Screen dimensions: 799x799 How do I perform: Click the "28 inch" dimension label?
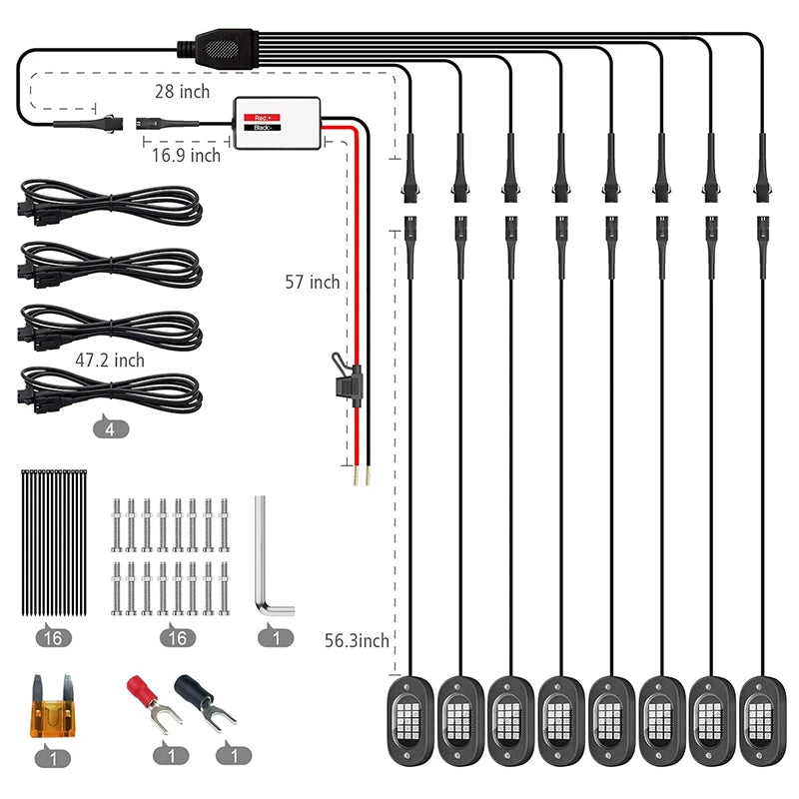click(x=182, y=92)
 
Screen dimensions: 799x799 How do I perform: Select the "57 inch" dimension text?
click(x=312, y=283)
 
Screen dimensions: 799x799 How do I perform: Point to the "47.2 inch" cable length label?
click(x=109, y=360)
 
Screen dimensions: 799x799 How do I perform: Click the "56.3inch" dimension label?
click(x=357, y=640)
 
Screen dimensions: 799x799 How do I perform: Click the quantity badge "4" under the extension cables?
click(x=111, y=429)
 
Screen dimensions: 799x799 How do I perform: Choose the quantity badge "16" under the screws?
click(x=176, y=636)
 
